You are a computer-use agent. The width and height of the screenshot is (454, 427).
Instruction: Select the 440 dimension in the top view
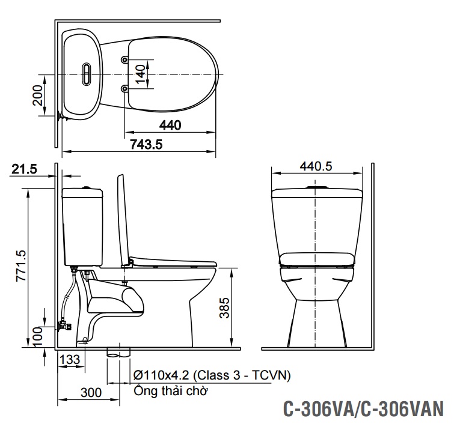click(171, 125)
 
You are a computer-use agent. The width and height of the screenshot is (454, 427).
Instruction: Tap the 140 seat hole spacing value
click(139, 74)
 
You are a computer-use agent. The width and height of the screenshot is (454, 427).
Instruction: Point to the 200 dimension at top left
click(37, 95)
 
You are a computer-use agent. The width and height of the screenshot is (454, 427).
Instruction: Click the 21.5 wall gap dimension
click(24, 170)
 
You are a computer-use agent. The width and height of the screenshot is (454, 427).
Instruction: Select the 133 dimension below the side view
click(70, 359)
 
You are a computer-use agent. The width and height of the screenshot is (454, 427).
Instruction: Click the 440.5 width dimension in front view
click(316, 167)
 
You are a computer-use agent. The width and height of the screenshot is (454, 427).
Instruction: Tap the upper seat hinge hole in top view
click(124, 60)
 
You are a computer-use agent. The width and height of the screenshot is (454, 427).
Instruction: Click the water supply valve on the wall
click(63, 326)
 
